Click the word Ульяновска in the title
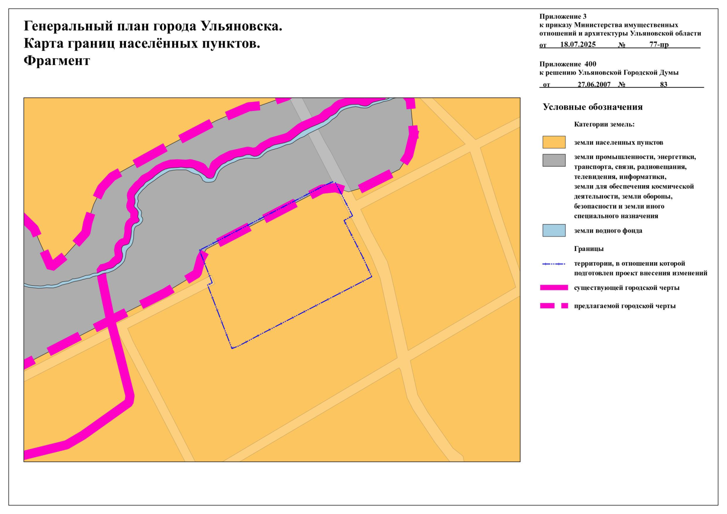[x=241, y=27]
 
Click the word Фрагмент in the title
[x=57, y=61]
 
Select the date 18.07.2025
[x=577, y=45]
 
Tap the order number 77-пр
[x=658, y=45]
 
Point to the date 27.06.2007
[x=594, y=84]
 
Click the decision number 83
[x=663, y=84]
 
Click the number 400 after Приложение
[x=590, y=64]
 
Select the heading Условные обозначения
[x=592, y=107]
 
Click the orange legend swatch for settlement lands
[x=553, y=142]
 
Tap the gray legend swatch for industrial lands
[x=553, y=160]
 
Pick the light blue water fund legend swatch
[x=553, y=230]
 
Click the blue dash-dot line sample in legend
[x=553, y=264]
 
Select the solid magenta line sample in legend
[x=553, y=288]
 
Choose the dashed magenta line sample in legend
[x=553, y=306]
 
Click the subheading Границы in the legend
[x=589, y=249]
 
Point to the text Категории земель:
[x=604, y=125]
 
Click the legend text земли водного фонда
[x=608, y=231]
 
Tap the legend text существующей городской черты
[x=626, y=288]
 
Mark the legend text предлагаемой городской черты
[x=625, y=306]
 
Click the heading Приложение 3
[x=562, y=17]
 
